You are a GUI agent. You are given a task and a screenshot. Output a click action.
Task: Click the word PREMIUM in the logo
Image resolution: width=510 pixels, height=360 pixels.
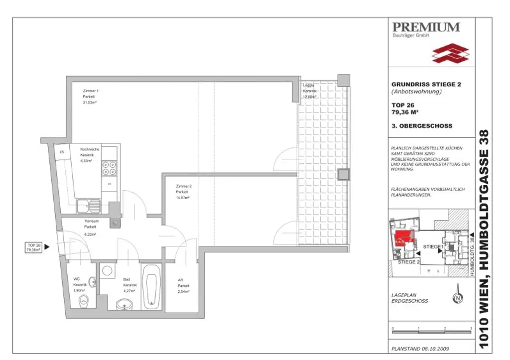tap(426, 27)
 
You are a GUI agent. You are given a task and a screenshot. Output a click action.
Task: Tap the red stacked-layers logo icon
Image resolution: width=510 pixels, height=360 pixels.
tap(450, 53)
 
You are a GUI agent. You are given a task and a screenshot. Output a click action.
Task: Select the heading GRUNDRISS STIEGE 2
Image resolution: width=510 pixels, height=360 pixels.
tap(426, 85)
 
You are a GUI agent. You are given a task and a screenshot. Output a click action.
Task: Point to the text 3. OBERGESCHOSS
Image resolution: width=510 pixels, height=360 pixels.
tap(422, 126)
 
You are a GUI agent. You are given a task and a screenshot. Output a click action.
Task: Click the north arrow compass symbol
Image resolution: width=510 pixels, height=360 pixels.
tap(457, 298)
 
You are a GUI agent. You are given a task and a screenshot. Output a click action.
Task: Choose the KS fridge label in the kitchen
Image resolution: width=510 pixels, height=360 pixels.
tap(62, 151)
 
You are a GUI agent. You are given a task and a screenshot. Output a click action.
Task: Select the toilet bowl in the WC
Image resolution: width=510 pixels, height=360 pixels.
tap(84, 300)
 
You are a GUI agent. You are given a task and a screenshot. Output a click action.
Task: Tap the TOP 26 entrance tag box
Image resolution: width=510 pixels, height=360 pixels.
tap(34, 247)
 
